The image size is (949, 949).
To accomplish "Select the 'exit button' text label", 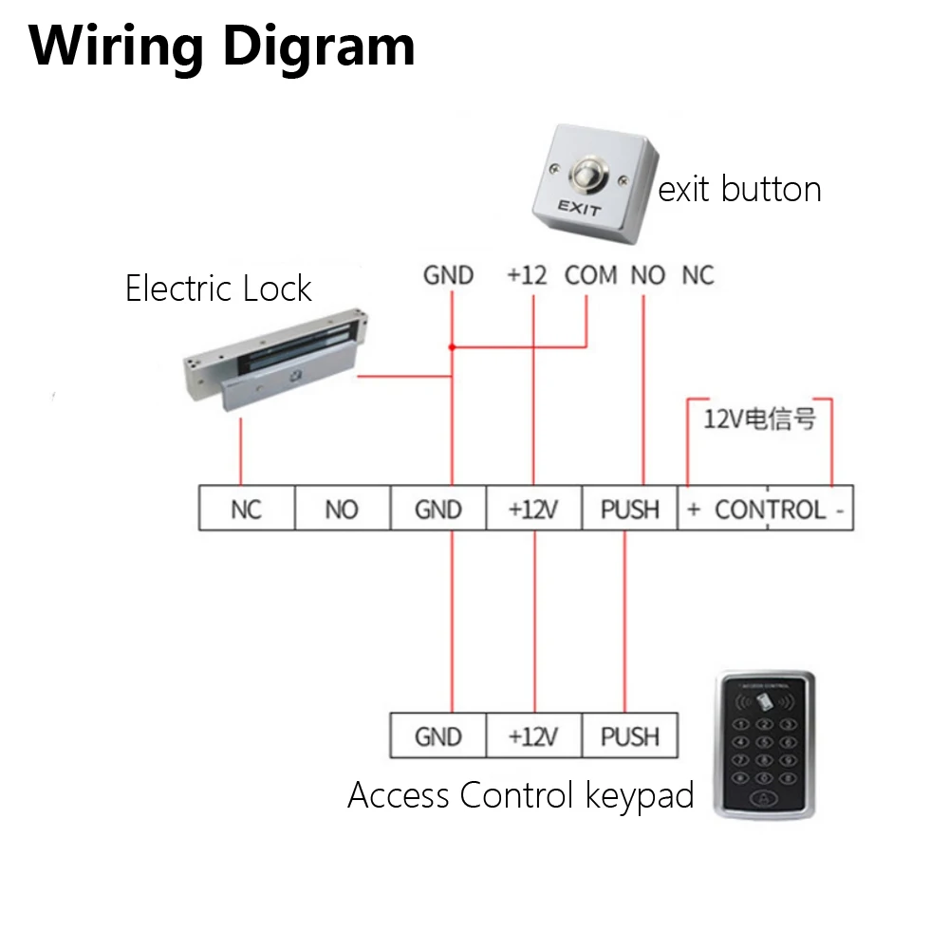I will (x=739, y=189).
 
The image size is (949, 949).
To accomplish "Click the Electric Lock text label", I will (x=218, y=288).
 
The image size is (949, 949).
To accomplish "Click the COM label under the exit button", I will (x=591, y=275).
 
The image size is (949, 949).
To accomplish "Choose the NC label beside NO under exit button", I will (x=698, y=275).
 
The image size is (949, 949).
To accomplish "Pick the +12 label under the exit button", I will (x=527, y=275).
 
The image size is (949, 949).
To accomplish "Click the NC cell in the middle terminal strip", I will (x=246, y=510).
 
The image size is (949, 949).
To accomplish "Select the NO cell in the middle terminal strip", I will (x=342, y=510).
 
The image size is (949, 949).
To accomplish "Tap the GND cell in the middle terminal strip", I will (x=437, y=510).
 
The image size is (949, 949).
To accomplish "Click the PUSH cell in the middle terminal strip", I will (x=629, y=510).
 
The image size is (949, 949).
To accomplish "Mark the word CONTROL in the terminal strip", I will (x=770, y=510).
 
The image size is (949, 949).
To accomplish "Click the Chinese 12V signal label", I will (x=759, y=419).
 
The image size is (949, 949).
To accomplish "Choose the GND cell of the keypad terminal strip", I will (x=437, y=736).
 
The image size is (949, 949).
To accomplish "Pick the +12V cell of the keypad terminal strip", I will (x=533, y=736).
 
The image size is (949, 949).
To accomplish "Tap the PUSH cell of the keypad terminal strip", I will (x=629, y=736).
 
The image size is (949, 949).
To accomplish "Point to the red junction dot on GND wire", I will (x=452, y=347).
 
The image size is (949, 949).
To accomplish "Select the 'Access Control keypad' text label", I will (x=521, y=795).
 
